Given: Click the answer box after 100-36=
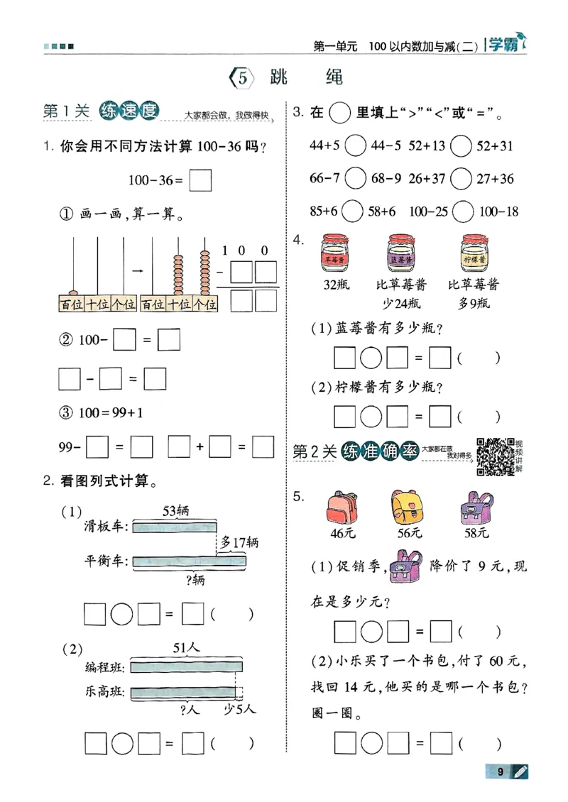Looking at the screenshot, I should (201, 180).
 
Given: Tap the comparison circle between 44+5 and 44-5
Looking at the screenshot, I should (355, 146).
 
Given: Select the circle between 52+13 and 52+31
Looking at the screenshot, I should (461, 146).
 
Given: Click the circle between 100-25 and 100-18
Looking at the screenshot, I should (464, 212).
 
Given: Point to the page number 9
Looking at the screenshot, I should (501, 771).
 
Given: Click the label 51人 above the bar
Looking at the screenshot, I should (186, 647).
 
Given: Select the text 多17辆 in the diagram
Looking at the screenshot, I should (239, 543).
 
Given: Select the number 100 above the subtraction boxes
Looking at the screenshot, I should (245, 251).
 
